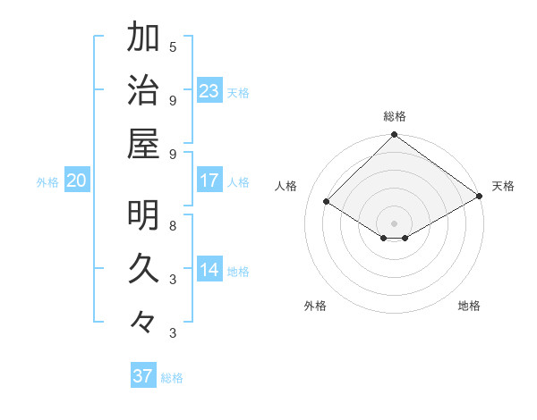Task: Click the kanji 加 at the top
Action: click(x=143, y=38)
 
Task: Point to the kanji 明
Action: click(x=143, y=215)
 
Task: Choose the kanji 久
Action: click(x=143, y=268)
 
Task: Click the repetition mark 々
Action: click(x=143, y=321)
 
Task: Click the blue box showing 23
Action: click(x=209, y=90)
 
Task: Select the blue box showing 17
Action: click(x=209, y=181)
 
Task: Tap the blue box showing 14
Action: click(x=209, y=271)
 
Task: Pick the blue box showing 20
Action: click(x=76, y=181)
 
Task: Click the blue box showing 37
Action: click(x=142, y=376)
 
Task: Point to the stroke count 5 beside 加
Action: click(x=173, y=46)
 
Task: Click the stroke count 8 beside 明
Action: click(x=173, y=225)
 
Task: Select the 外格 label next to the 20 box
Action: click(x=47, y=182)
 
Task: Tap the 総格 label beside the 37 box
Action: click(x=172, y=378)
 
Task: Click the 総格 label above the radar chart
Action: click(x=394, y=116)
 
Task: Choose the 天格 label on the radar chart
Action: click(x=503, y=186)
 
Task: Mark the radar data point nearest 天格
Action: click(x=480, y=197)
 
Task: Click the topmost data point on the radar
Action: click(x=394, y=136)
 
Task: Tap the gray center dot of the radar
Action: click(x=394, y=222)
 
